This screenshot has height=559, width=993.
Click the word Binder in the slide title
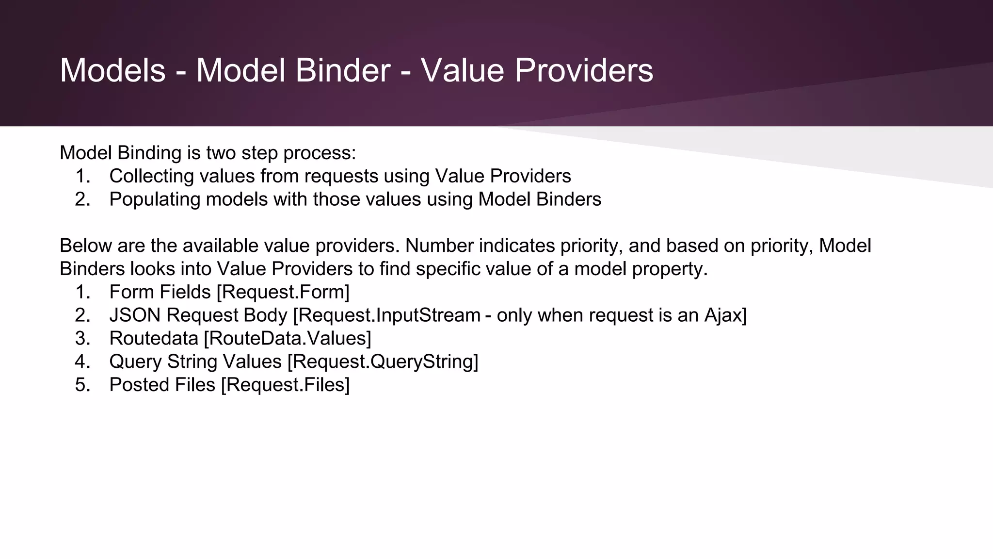point(342,70)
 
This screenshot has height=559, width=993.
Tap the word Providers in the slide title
point(584,70)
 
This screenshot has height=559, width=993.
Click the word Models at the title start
point(113,70)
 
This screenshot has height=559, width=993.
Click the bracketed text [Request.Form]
point(283,292)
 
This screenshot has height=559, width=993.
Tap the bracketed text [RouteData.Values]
point(288,339)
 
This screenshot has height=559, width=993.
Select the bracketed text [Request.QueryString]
point(383,362)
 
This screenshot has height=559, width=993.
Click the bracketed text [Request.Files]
point(285,385)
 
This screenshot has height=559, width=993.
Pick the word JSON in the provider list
point(135,315)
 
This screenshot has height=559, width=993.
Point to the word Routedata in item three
point(154,339)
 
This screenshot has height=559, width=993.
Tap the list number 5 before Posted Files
point(82,385)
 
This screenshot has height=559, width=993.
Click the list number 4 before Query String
point(82,362)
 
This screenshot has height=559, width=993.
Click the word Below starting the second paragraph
point(86,246)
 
